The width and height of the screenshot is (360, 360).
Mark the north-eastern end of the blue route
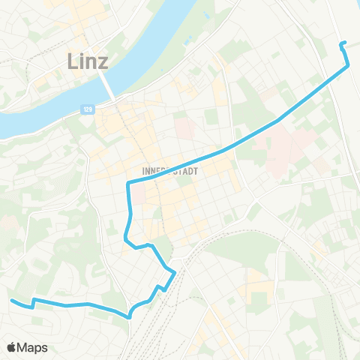click(x=342, y=43)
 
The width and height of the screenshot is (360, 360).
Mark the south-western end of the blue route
click(x=11, y=301)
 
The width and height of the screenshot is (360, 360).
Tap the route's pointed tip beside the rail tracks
click(x=175, y=272)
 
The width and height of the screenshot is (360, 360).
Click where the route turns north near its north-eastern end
click(x=349, y=66)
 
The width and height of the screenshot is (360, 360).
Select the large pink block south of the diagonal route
click(x=289, y=142)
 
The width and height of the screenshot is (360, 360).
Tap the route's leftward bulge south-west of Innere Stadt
click(x=124, y=238)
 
